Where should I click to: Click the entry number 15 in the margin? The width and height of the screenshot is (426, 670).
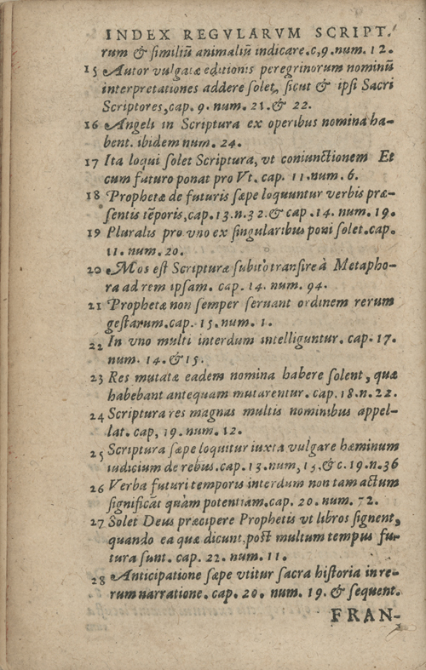click(x=92, y=71)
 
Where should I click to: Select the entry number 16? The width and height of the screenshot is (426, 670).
click(x=92, y=125)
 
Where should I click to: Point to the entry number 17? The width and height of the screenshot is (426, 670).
click(x=92, y=161)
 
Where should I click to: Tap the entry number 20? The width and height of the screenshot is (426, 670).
click(x=92, y=269)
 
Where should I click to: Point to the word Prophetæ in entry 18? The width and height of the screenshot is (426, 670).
click(x=140, y=195)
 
